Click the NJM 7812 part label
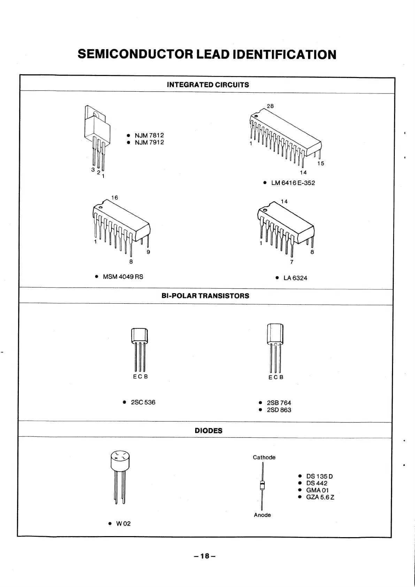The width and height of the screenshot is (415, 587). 149,135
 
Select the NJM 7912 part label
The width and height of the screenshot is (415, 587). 149,143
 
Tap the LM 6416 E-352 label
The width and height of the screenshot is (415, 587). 293,183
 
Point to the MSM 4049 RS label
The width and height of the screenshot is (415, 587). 123,277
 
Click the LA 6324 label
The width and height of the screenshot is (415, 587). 295,278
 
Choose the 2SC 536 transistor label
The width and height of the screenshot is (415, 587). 143,402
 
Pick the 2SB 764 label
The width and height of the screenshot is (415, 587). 279,403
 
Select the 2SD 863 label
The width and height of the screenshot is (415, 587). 279,410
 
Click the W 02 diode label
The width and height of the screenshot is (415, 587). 123,524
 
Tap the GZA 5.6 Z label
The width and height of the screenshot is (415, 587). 320,497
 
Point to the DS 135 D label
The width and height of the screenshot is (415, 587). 319,477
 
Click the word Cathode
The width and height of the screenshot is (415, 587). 264,457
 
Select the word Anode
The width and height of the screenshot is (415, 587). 262,515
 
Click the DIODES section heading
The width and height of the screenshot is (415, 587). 208,431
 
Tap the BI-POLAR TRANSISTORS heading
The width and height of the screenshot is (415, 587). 206,296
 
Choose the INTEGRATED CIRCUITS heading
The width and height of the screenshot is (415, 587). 208,85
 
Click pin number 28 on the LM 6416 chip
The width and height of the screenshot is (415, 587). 270,106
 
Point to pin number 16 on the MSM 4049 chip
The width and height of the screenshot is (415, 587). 114,198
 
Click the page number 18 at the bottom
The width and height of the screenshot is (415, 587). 205,556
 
